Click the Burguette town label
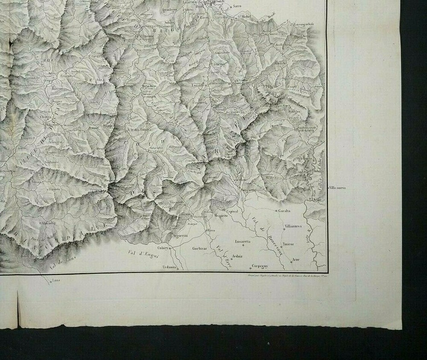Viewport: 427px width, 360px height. (x=248, y=190)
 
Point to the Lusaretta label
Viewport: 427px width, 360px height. (x=243, y=241)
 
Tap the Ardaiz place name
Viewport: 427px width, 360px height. (x=237, y=256)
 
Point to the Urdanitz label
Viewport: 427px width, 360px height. (x=158, y=266)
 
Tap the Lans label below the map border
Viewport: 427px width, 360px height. (x=55, y=281)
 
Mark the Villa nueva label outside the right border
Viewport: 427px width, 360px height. (x=337, y=188)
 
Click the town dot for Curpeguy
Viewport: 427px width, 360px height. (x=251, y=269)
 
